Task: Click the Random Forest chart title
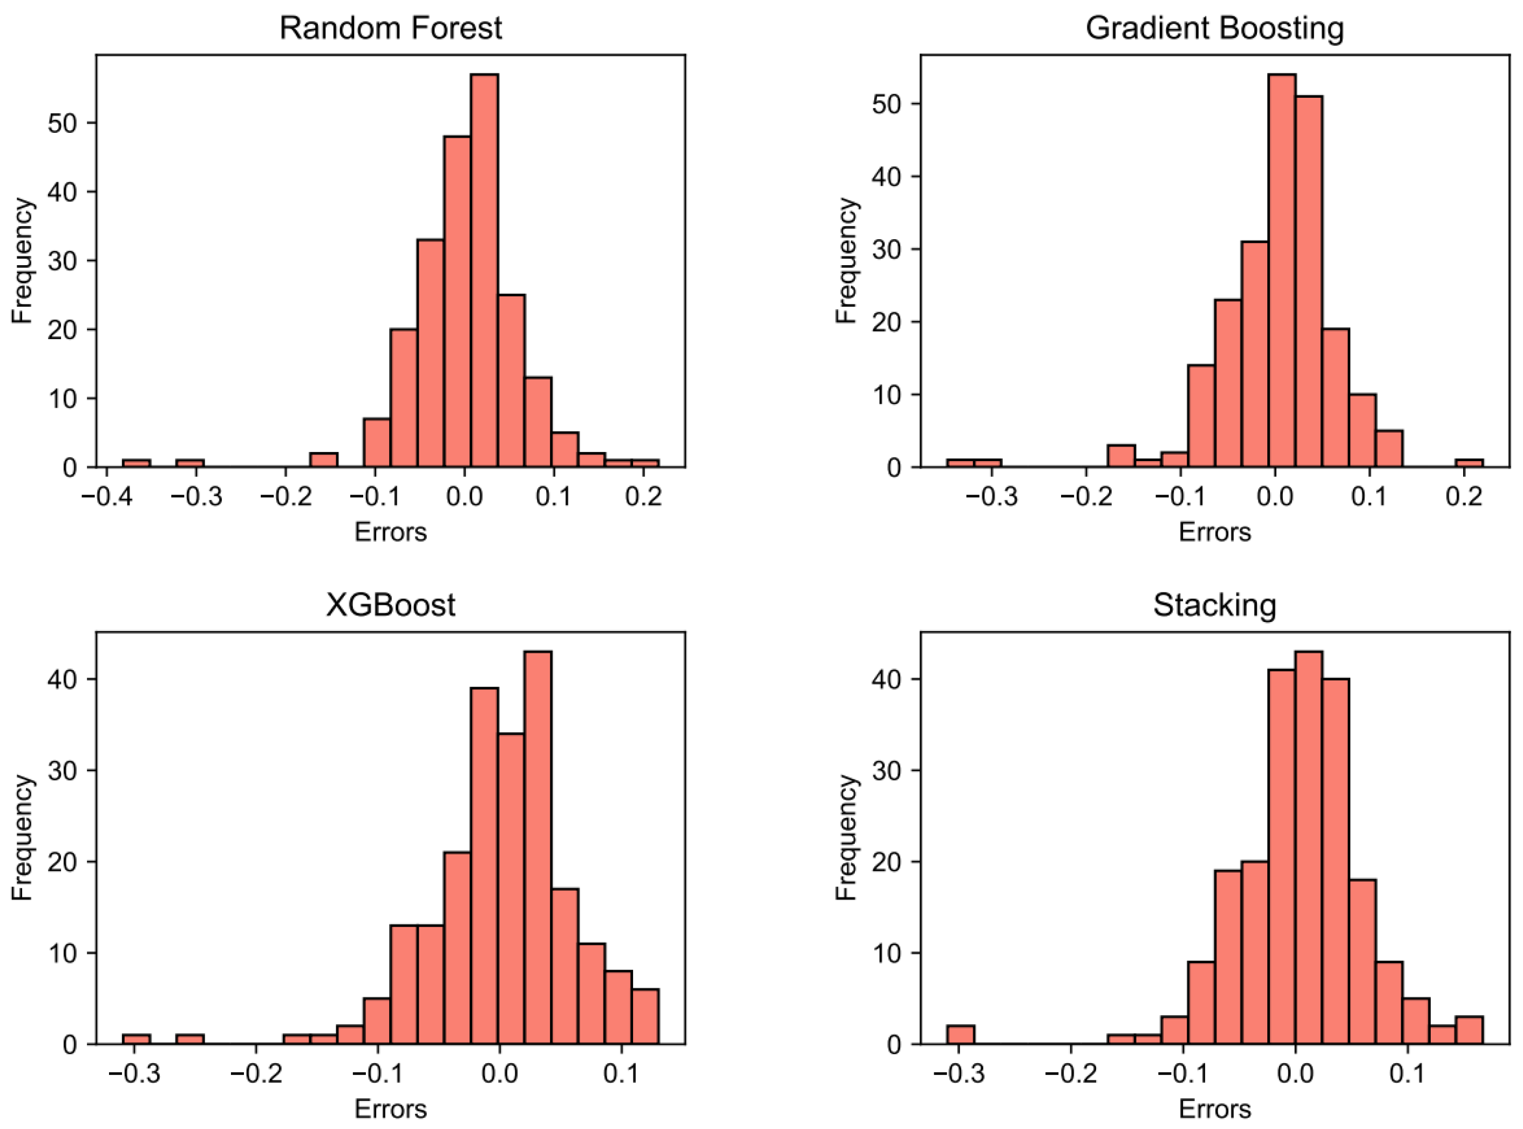391,29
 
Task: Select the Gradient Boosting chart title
1214,29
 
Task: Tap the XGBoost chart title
391,605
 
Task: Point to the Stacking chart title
1214,605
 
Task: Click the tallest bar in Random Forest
484,273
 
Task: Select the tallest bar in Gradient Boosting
1281,273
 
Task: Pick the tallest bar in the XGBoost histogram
538,848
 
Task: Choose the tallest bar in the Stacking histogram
1309,848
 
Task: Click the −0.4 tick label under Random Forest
106,497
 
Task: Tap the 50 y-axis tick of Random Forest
62,123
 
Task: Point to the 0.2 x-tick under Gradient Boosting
1464,497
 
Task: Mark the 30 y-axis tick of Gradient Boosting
887,249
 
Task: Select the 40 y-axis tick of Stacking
887,679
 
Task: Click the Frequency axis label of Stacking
846,837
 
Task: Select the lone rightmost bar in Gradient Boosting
1469,463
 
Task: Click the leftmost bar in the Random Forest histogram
137,463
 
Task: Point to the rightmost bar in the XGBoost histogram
645,1016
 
